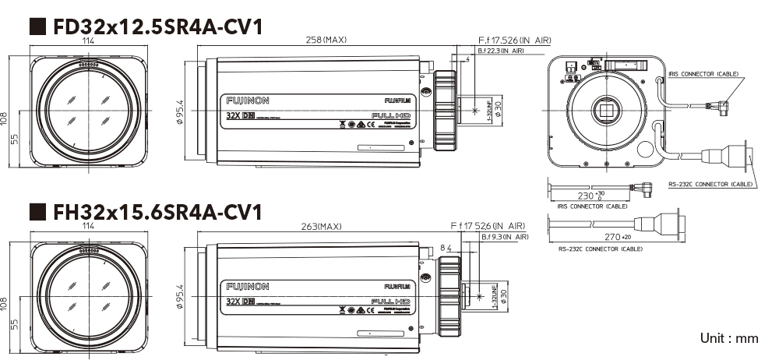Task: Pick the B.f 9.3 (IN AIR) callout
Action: click(x=505, y=236)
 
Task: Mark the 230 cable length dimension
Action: click(x=590, y=195)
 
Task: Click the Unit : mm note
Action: click(x=728, y=338)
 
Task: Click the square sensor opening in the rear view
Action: click(x=605, y=110)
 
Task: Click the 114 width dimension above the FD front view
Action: click(x=88, y=40)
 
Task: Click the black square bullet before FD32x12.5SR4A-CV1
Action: click(x=36, y=26)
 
